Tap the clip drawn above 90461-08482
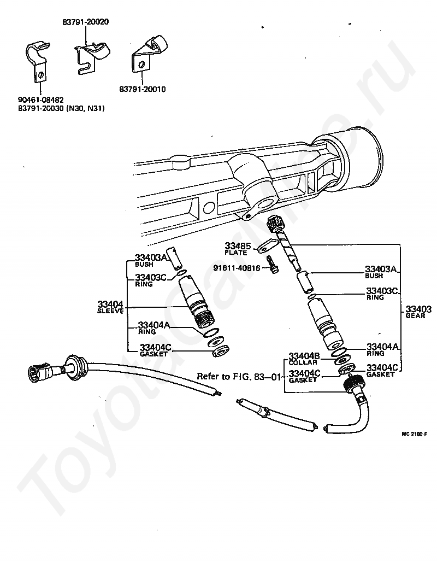(x=38, y=60)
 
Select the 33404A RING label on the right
(x=383, y=349)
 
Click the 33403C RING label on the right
(x=383, y=294)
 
